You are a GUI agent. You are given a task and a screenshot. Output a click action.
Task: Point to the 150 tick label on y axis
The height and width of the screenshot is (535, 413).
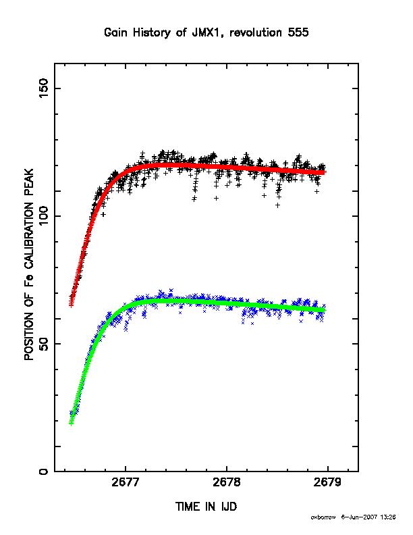click(45, 88)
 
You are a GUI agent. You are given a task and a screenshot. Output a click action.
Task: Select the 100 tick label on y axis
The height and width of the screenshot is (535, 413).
click(45, 216)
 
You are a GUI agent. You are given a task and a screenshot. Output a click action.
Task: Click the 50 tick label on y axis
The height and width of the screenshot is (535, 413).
click(45, 344)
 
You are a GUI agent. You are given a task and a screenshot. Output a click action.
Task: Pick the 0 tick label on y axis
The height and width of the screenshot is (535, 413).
click(45, 472)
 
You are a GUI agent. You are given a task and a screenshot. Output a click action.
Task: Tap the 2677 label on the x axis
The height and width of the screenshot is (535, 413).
click(126, 482)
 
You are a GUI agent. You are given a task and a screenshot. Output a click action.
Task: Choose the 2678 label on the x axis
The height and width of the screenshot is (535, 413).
click(227, 482)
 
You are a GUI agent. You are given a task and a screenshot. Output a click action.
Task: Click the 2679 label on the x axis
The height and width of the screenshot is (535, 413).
click(327, 482)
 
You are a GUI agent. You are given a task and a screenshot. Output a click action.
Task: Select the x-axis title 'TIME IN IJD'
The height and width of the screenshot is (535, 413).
click(206, 507)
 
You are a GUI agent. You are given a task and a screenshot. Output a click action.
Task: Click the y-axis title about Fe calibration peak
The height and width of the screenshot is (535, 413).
click(29, 264)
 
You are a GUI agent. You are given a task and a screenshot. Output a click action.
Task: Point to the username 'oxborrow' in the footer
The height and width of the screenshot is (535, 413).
click(323, 517)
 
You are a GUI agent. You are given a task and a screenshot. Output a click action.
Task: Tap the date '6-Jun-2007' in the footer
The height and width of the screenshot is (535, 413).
click(359, 517)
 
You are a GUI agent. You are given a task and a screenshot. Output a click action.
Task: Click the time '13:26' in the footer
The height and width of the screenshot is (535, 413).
click(388, 517)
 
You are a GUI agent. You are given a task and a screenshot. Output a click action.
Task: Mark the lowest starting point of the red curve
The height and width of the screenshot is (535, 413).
click(72, 305)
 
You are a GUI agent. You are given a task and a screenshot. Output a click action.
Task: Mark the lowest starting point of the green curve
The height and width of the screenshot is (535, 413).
click(72, 423)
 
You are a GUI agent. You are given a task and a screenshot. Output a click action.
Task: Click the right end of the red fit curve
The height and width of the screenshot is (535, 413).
click(324, 172)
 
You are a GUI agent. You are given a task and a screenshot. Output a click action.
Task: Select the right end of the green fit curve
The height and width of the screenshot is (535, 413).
click(324, 310)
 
